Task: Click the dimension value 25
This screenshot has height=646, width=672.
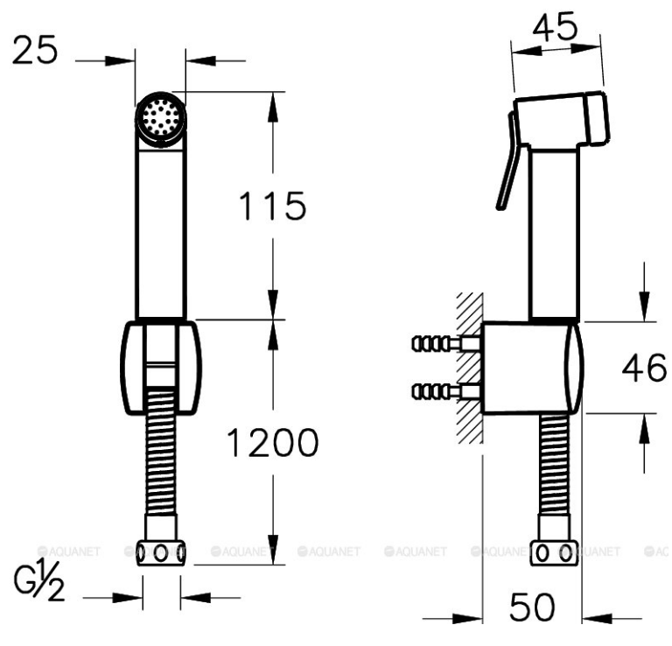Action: pyautogui.click(x=35, y=50)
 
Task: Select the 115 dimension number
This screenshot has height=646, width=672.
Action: pyautogui.click(x=273, y=207)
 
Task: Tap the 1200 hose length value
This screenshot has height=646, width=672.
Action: pyautogui.click(x=273, y=442)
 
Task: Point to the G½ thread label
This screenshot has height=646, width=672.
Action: pyautogui.click(x=39, y=579)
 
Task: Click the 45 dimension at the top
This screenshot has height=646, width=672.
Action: pyautogui.click(x=555, y=26)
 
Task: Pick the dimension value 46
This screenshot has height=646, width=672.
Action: pyautogui.click(x=645, y=368)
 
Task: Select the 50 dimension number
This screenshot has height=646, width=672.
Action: pyautogui.click(x=532, y=607)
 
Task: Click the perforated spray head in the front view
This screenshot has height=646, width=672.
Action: pyautogui.click(x=161, y=116)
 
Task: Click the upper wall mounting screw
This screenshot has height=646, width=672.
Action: pyautogui.click(x=445, y=343)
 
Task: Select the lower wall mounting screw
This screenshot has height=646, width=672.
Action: pyautogui.click(x=445, y=392)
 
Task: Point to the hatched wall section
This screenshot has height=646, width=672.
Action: pyautogui.click(x=470, y=369)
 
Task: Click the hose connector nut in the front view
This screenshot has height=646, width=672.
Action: pyautogui.click(x=161, y=553)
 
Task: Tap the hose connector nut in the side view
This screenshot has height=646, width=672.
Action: pyautogui.click(x=555, y=553)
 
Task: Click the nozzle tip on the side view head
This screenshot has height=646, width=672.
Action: pyautogui.click(x=598, y=117)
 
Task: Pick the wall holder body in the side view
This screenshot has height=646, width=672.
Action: pyautogui.click(x=531, y=368)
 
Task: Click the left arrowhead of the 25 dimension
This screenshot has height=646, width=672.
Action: pyautogui.click(x=120, y=61)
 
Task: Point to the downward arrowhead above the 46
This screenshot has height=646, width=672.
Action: pyautogui.click(x=644, y=306)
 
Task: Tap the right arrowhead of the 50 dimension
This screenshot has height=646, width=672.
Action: pyautogui.click(x=597, y=618)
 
